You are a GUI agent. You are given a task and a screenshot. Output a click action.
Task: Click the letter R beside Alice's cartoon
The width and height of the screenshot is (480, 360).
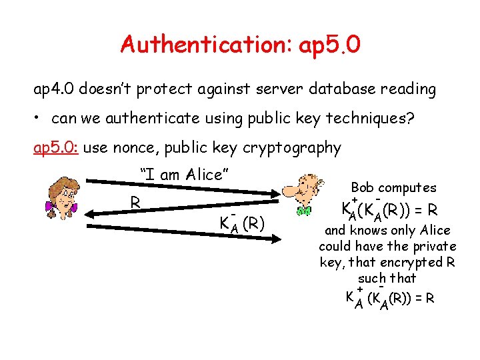[135, 202]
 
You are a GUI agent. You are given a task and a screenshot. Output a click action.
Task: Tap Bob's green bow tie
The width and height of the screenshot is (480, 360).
[305, 211]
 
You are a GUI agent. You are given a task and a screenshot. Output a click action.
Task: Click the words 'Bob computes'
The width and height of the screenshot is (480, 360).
[393, 188]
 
